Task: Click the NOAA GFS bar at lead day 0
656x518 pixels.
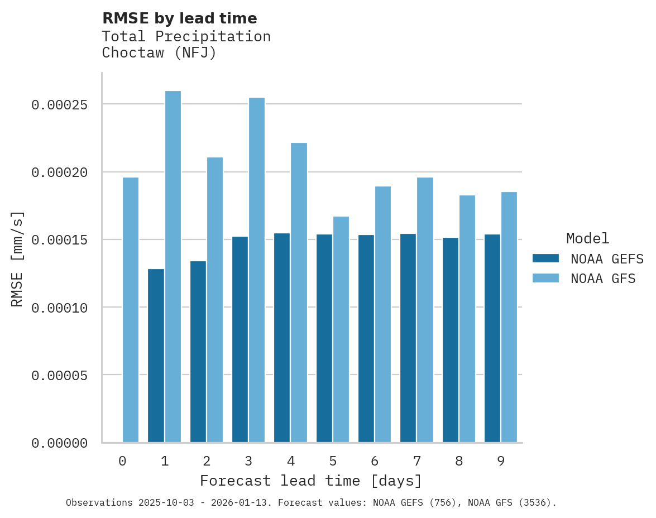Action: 131,310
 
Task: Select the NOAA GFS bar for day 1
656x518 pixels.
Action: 173,267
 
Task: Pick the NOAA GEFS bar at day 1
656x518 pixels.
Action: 156,356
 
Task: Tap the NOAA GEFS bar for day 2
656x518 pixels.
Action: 198,352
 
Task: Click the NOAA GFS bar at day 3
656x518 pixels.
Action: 257,270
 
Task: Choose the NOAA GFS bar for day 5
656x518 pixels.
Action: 341,329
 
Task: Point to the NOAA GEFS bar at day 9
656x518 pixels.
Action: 492,338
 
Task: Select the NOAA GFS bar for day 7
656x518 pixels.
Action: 425,310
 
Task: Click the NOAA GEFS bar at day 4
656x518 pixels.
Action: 282,338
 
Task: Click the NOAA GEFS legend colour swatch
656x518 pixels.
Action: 545,258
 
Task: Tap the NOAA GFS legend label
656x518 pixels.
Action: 603,278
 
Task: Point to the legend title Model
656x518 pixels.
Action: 587,238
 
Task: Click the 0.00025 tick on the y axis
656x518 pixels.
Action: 60,104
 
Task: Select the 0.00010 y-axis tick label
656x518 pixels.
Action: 60,308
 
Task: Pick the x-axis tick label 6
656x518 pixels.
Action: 375,461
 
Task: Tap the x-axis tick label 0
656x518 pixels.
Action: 122,461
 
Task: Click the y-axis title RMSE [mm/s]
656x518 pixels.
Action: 17,258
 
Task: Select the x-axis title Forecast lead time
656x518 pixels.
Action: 311,481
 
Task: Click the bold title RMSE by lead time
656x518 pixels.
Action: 180,18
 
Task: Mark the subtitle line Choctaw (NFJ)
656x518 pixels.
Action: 159,53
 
